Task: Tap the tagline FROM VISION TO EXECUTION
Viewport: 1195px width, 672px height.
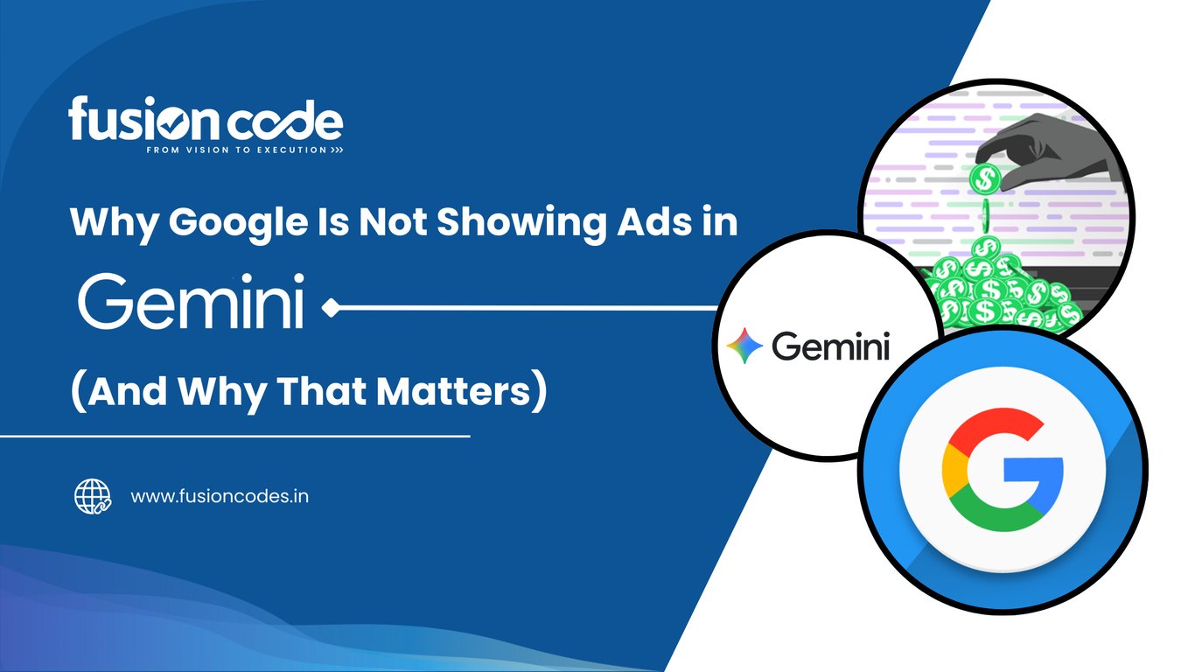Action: coord(236,150)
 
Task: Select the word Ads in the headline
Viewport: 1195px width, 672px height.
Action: coord(649,221)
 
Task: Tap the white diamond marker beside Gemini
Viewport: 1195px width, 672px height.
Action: coord(332,308)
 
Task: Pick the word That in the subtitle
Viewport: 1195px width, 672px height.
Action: coord(321,391)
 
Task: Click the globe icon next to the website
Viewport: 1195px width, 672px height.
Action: coord(93,496)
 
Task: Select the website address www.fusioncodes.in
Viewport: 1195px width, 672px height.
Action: coord(220,496)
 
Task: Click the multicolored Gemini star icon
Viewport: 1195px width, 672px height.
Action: coord(744,346)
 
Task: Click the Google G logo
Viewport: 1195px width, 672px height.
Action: coord(1003,470)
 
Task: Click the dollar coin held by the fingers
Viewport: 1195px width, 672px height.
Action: coord(985,178)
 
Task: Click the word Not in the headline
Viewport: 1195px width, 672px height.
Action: coord(393,221)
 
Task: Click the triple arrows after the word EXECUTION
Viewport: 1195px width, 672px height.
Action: coord(337,150)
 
